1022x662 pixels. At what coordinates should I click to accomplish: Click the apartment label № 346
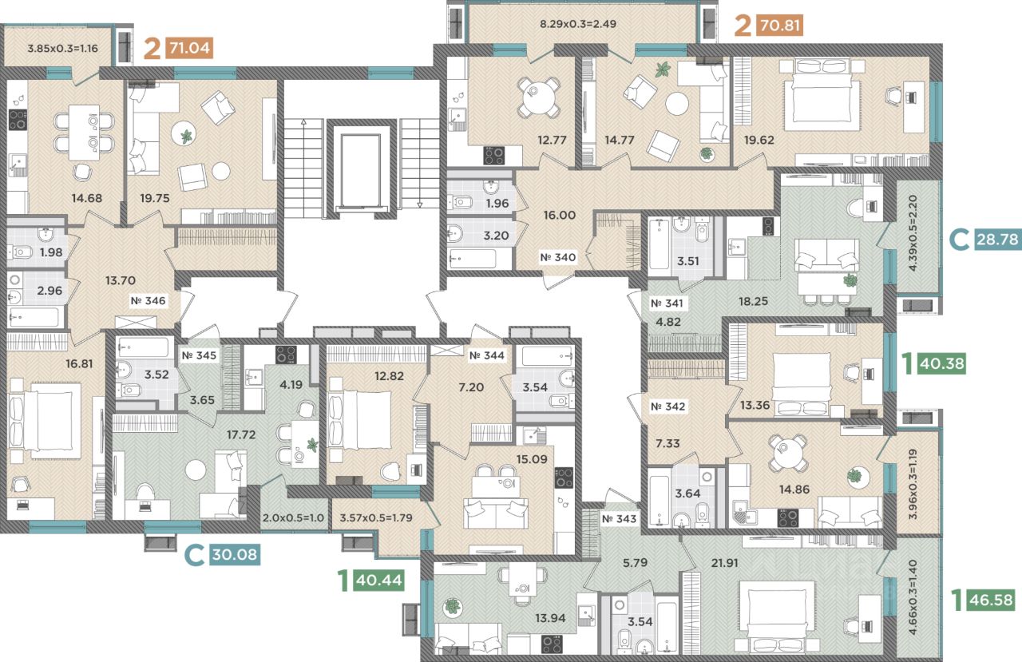click(148, 301)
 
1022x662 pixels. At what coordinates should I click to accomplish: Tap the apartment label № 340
click(557, 257)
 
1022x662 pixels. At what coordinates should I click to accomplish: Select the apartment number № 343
click(619, 519)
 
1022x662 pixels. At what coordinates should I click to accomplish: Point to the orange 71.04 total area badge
click(189, 47)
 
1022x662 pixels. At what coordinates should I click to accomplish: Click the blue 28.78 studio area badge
click(997, 239)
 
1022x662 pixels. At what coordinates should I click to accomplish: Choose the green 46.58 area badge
click(992, 600)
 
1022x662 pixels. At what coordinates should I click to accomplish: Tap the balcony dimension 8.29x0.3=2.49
click(578, 24)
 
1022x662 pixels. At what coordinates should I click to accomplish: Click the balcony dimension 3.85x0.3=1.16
click(62, 49)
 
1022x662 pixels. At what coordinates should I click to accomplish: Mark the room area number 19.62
click(759, 140)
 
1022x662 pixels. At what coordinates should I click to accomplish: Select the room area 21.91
click(724, 563)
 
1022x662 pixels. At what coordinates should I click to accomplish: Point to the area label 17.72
click(241, 434)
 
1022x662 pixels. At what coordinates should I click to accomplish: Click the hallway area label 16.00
click(560, 215)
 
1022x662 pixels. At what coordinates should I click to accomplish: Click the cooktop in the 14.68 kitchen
click(18, 120)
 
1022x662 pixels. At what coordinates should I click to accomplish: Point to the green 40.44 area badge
click(379, 581)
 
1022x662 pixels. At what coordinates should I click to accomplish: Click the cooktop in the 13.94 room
click(552, 644)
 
